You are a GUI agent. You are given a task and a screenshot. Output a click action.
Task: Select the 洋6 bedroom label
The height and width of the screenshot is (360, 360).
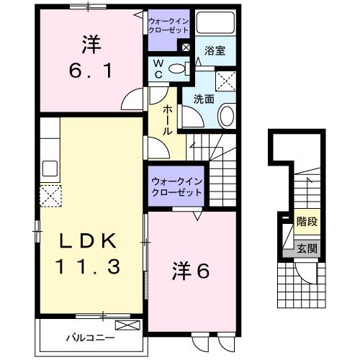pyautogui.click(x=190, y=271)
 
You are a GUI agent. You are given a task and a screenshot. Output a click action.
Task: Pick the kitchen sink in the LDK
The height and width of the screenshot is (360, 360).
pyautogui.click(x=50, y=168)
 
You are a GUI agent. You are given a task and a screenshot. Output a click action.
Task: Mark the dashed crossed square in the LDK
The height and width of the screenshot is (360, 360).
pyautogui.click(x=50, y=195)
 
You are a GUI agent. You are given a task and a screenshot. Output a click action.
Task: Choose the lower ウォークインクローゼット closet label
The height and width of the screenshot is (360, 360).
pyautogui.click(x=176, y=189)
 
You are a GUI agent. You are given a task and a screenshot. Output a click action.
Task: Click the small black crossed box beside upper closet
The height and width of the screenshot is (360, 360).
pyautogui.click(x=186, y=48)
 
